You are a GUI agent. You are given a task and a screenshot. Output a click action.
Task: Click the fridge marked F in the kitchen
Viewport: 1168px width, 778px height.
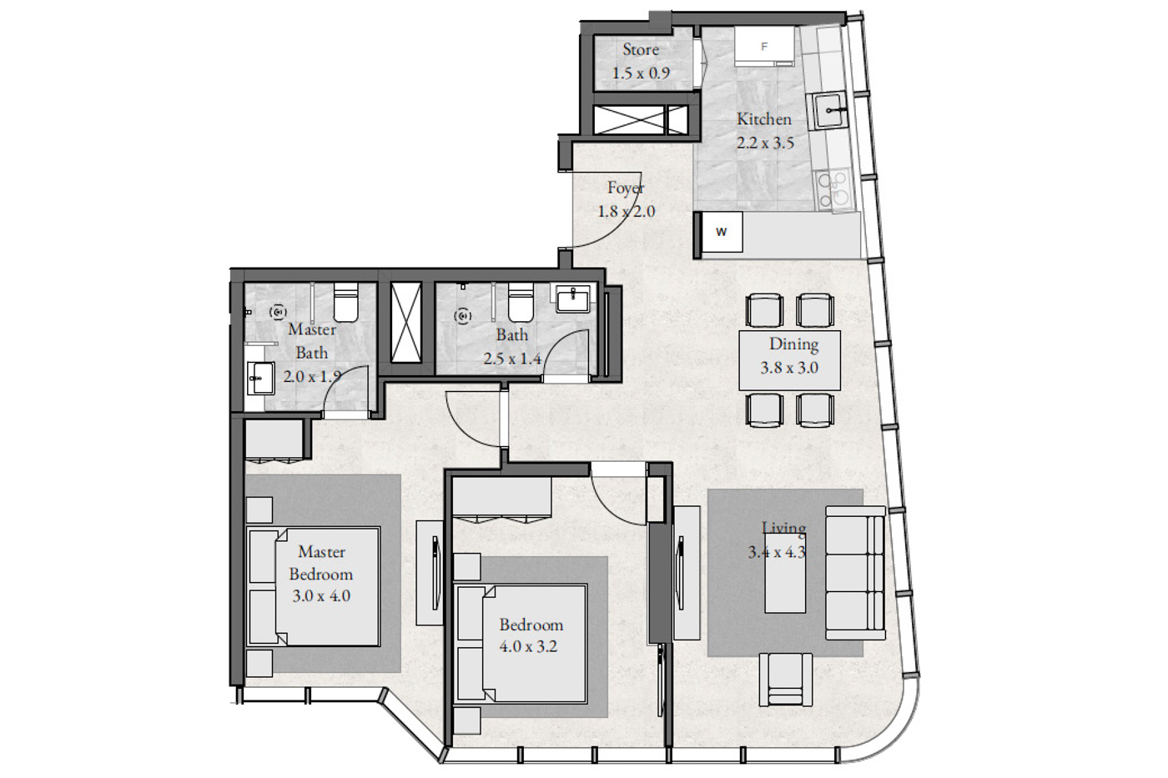pyautogui.click(x=764, y=47)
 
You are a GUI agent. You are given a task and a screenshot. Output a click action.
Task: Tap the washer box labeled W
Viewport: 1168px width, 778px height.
pyautogui.click(x=722, y=232)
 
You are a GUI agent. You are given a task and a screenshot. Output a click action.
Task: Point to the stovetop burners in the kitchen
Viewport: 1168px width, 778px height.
pyautogui.click(x=835, y=190)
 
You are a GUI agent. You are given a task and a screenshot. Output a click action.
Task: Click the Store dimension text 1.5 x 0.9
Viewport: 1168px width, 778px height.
pyautogui.click(x=641, y=73)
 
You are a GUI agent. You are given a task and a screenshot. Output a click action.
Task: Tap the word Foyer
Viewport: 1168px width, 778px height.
pyautogui.click(x=626, y=188)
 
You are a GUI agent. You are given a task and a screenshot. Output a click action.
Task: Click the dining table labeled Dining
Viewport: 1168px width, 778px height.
pyautogui.click(x=789, y=360)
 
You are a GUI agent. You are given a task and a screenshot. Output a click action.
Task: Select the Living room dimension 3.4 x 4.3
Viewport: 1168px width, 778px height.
pyautogui.click(x=777, y=552)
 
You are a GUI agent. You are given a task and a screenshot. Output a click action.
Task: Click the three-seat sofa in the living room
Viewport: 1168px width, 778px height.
pyautogui.click(x=855, y=573)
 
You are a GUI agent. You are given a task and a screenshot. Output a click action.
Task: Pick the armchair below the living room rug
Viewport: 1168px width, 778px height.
pyautogui.click(x=786, y=680)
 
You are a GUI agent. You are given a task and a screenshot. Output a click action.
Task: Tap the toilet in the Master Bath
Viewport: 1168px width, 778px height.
pyautogui.click(x=345, y=302)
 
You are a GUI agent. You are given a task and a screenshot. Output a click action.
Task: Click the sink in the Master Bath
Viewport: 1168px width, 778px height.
pyautogui.click(x=260, y=378)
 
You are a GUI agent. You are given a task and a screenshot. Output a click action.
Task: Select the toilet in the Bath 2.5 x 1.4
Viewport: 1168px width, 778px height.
pyautogui.click(x=521, y=302)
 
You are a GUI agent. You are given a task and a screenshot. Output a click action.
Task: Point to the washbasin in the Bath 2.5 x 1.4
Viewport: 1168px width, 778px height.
pyautogui.click(x=572, y=299)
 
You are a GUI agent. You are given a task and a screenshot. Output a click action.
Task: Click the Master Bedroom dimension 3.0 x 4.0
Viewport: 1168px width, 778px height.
pyautogui.click(x=321, y=595)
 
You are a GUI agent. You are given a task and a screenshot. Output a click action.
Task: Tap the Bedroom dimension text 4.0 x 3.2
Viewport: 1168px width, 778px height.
pyautogui.click(x=528, y=647)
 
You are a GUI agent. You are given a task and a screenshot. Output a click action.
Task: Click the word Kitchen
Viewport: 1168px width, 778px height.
pyautogui.click(x=764, y=119)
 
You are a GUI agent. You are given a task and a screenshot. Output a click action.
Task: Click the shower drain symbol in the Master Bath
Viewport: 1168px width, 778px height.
pyautogui.click(x=278, y=312)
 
